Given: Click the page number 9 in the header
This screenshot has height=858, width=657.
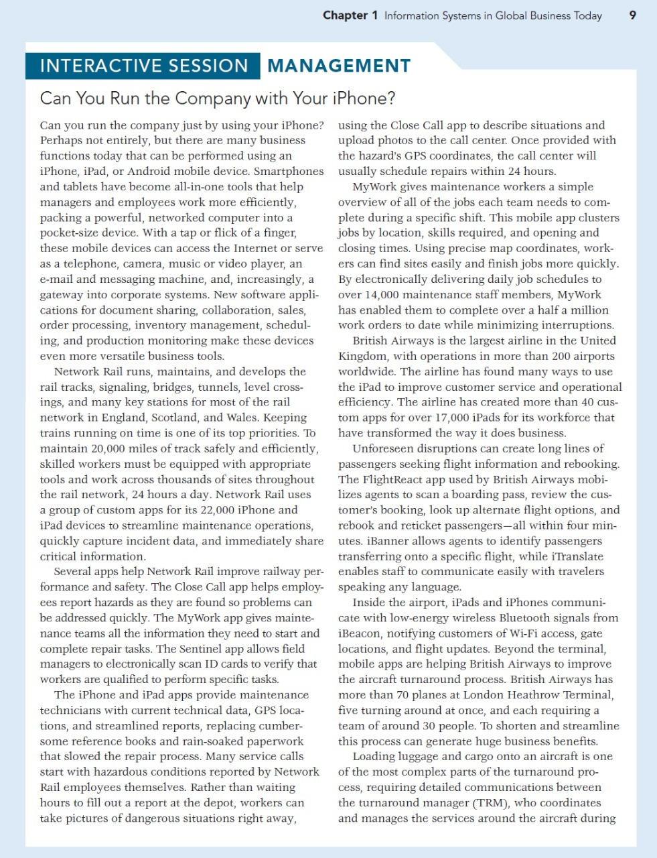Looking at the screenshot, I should tap(633, 15).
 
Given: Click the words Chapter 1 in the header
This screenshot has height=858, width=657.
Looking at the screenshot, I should tap(350, 15).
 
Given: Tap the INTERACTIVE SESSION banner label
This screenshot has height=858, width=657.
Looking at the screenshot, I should tap(144, 66).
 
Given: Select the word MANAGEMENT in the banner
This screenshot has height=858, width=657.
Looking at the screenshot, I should tap(339, 66).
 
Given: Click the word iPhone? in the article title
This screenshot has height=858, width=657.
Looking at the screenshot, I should tap(364, 99).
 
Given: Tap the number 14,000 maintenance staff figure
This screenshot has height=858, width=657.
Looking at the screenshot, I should tap(362, 295).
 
